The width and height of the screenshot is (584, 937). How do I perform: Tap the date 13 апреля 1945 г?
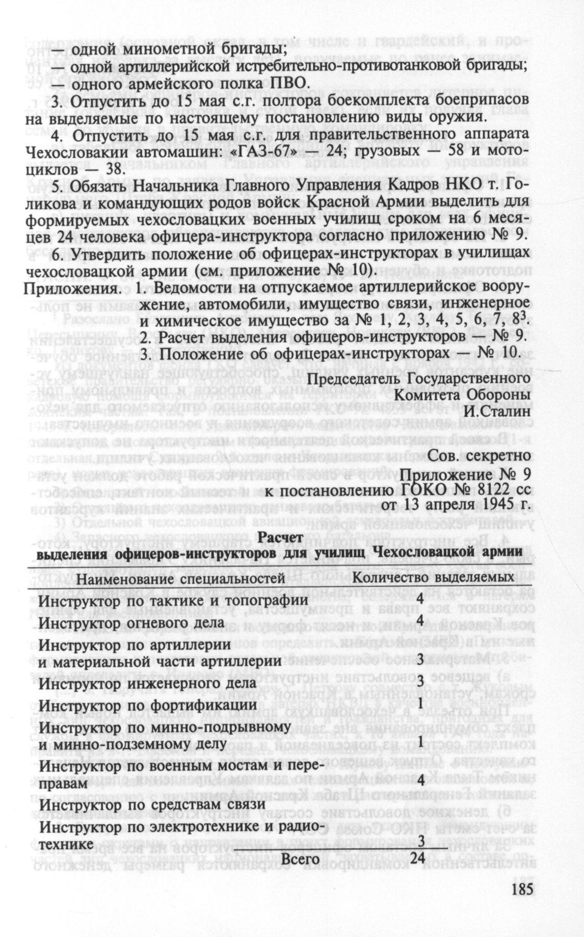pos(461,508)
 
